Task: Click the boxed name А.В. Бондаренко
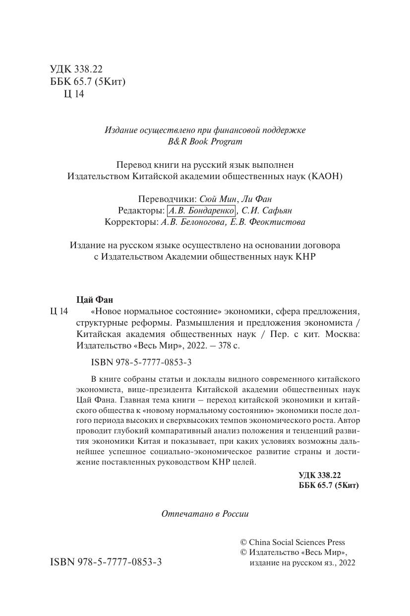(201, 210)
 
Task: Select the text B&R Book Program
(205, 141)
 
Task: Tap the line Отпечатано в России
(205, 514)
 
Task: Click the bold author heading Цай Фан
(95, 299)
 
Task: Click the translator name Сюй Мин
(219, 199)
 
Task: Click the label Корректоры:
(132, 222)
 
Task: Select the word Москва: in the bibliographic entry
(342, 334)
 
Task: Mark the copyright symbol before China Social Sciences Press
(243, 543)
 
